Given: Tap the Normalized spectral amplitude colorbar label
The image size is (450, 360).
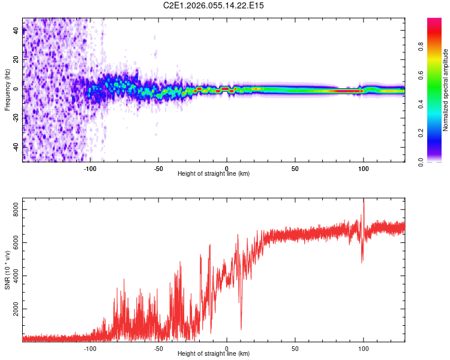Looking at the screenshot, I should [446, 91].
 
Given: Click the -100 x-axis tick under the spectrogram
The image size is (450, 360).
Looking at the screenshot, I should [90, 168].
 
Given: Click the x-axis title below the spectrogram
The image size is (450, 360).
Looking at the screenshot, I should [214, 174].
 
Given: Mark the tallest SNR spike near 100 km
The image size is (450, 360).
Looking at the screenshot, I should [364, 200].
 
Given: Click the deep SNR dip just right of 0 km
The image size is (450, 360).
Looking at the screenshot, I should [241, 328].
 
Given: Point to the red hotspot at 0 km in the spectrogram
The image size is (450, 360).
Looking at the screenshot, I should [225, 89].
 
